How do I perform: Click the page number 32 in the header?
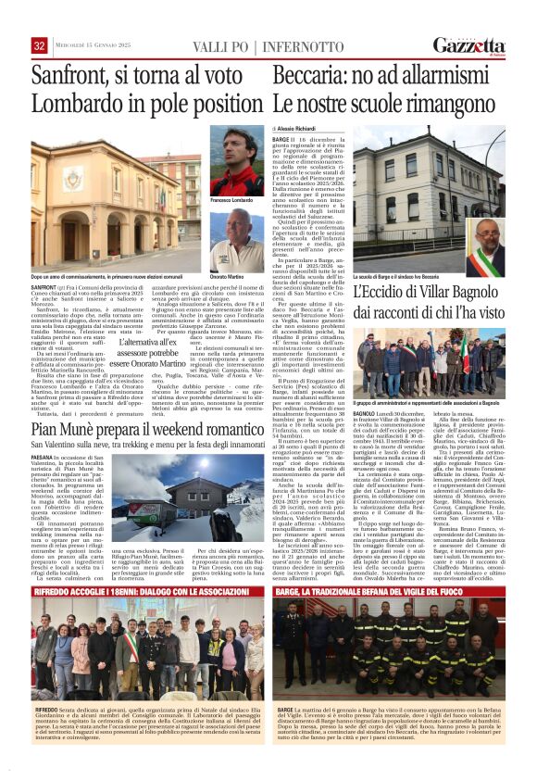[40, 46]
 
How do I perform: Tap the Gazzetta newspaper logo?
[473, 45]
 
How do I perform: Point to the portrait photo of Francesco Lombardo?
[236, 161]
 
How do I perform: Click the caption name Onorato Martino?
[229, 277]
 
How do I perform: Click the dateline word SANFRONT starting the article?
[45, 287]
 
